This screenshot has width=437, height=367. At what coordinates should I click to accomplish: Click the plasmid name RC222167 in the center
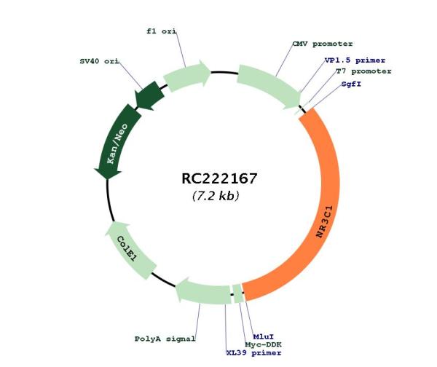219,178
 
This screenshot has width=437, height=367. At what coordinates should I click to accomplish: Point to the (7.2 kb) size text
216,196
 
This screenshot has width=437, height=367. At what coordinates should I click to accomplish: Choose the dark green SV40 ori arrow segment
149,95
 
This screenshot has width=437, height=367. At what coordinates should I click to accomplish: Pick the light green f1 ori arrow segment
186,75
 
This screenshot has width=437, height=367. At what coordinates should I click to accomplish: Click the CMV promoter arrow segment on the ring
269,85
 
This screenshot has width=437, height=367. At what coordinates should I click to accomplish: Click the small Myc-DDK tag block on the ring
237,293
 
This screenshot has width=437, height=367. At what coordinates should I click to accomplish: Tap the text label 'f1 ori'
162,31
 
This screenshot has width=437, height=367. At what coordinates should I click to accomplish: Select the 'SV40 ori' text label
99,61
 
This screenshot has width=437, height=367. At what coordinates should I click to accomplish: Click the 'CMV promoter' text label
323,44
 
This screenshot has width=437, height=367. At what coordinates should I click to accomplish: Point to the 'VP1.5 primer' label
355,60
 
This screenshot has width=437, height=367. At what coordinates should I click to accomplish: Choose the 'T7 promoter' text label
363,71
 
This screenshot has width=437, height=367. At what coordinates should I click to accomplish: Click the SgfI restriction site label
351,84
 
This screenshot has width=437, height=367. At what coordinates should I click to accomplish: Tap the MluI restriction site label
264,337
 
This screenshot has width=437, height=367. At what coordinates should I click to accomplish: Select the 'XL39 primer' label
253,353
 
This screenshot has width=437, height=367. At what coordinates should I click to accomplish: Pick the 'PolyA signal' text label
165,339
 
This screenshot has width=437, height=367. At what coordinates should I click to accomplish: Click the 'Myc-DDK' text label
263,344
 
